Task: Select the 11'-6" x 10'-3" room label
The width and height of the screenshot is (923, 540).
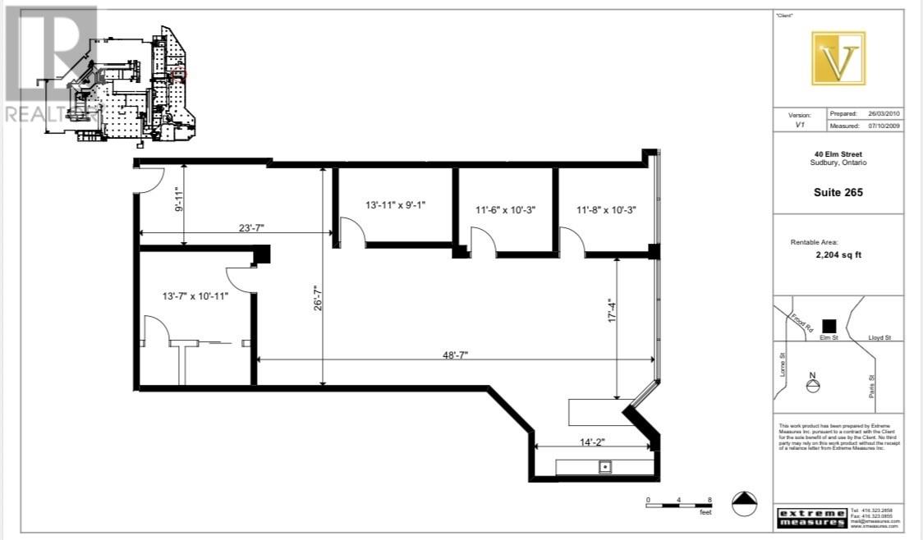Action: (505, 210)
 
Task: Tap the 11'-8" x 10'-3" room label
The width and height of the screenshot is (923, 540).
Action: (607, 210)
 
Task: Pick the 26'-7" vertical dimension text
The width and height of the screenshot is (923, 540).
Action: (318, 298)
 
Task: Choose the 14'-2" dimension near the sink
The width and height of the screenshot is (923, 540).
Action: (592, 442)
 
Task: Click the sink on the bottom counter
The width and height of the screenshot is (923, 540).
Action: (605, 468)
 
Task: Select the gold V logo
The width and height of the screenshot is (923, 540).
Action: (838, 58)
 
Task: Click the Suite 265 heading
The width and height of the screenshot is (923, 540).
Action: (838, 193)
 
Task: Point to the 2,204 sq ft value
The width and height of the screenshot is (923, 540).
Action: (838, 254)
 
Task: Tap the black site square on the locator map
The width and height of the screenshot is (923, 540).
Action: (830, 326)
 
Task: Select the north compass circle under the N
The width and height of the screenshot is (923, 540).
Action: (813, 388)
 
